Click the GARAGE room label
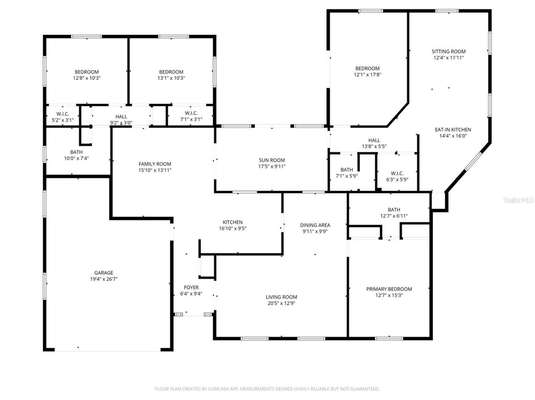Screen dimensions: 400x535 pyautogui.click(x=103, y=273)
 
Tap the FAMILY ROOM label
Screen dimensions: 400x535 pyautogui.click(x=155, y=164)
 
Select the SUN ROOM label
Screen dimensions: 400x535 pyautogui.click(x=272, y=160)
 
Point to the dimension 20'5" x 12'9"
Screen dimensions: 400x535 pyautogui.click(x=281, y=303)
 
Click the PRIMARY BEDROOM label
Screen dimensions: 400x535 pyautogui.click(x=389, y=289)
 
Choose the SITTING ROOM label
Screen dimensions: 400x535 pyautogui.click(x=448, y=51)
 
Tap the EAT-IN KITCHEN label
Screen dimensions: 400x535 pyautogui.click(x=453, y=130)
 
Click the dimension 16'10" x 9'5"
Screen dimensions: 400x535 pyautogui.click(x=232, y=228)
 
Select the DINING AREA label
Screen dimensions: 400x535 pyautogui.click(x=315, y=225)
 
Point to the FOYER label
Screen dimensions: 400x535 pyautogui.click(x=191, y=288)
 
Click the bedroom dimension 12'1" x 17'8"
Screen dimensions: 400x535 pyautogui.click(x=367, y=74)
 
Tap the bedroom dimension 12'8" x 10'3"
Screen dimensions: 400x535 pyautogui.click(x=87, y=78)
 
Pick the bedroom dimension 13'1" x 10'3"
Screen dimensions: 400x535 pyautogui.click(x=171, y=78)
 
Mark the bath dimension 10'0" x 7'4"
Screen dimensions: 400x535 pyautogui.click(x=76, y=158)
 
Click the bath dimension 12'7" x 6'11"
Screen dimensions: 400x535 pyautogui.click(x=394, y=216)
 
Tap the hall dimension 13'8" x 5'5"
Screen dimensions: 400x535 pyautogui.click(x=374, y=146)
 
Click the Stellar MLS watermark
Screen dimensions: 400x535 pyautogui.click(x=518, y=200)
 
